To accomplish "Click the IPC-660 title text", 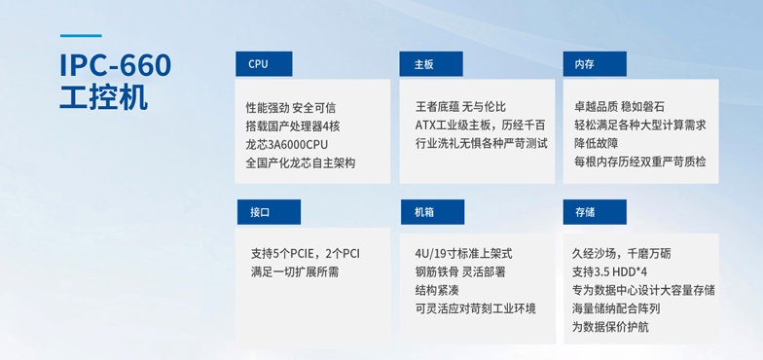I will [x=116, y=66].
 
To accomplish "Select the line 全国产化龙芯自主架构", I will [x=301, y=162].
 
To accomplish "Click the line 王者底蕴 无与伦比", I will [x=460, y=107].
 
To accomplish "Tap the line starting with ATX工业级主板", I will [x=480, y=126].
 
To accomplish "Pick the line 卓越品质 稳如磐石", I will [x=620, y=107].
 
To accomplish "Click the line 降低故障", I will [x=597, y=144].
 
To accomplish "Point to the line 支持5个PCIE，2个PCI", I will [x=306, y=254].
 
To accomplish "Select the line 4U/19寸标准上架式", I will [x=463, y=254].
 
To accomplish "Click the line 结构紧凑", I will [x=438, y=291].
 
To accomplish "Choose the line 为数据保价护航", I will [x=611, y=327].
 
